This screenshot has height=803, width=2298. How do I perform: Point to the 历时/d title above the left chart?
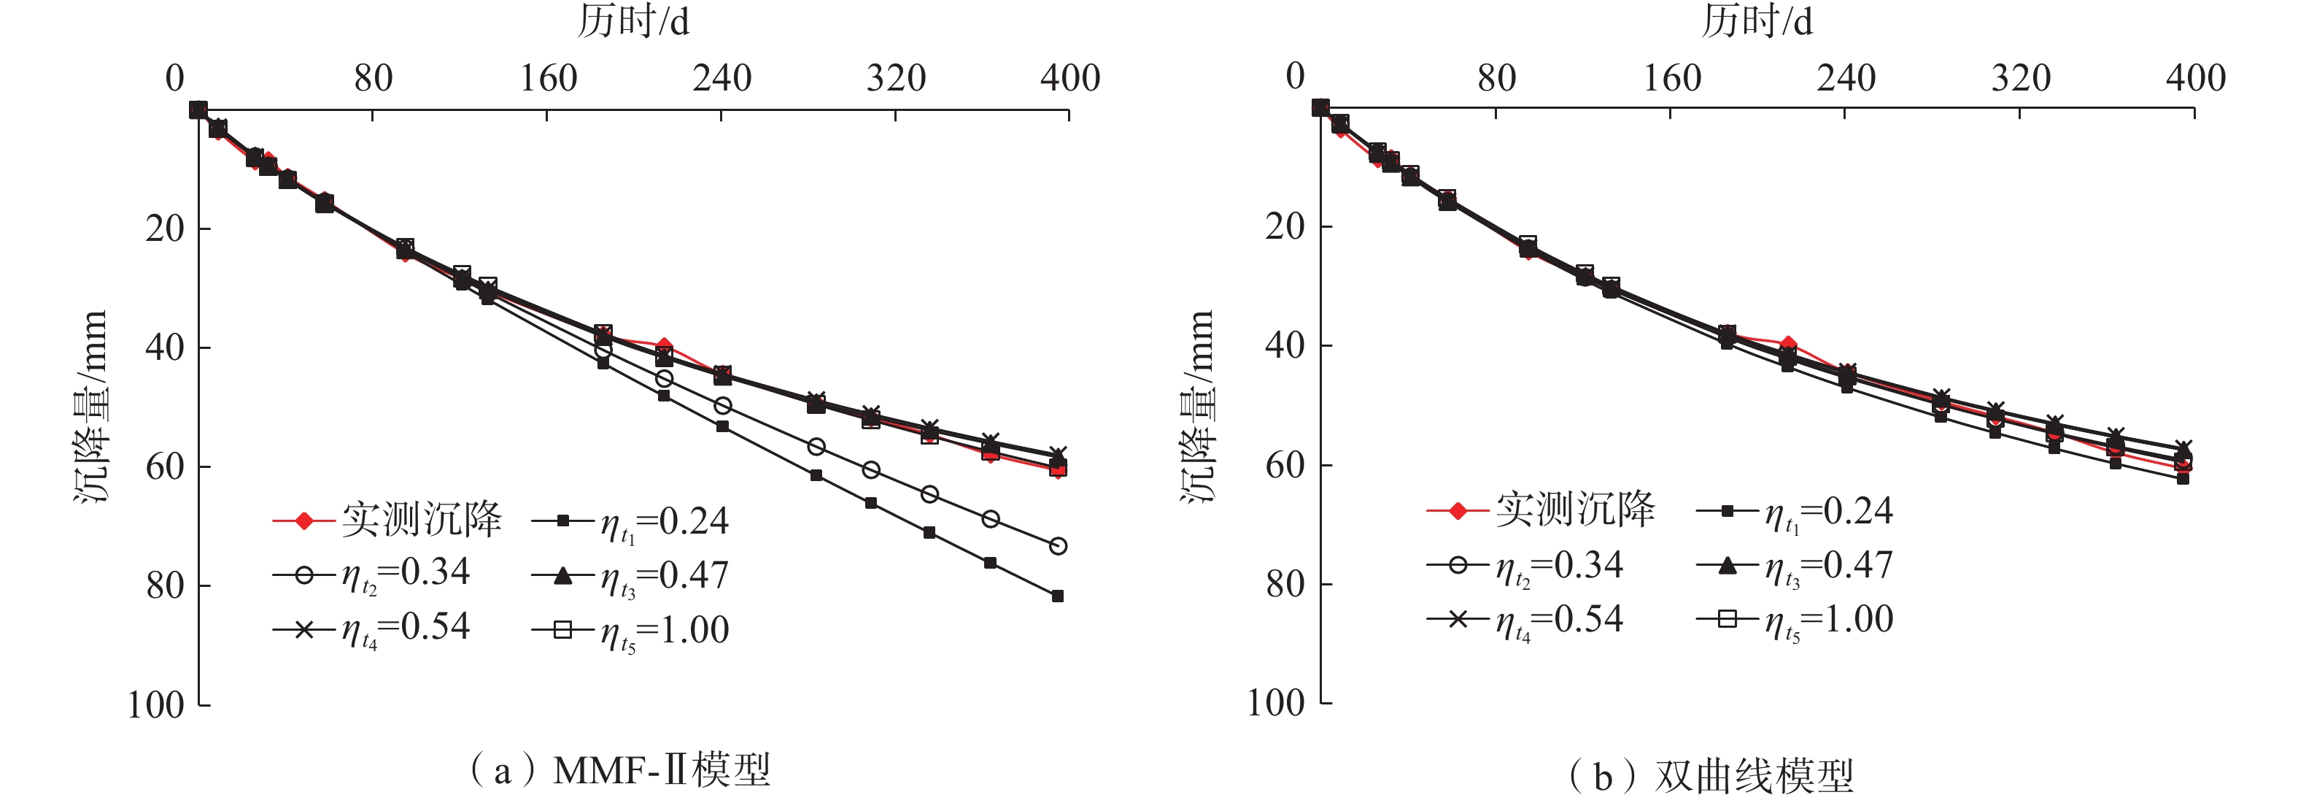[633, 21]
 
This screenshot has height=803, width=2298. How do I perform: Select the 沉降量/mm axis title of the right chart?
[1198, 406]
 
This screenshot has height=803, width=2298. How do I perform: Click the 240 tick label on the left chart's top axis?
[721, 79]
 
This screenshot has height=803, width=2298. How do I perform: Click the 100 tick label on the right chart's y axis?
[1276, 704]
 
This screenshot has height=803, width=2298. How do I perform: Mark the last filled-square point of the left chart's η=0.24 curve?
[1057, 596]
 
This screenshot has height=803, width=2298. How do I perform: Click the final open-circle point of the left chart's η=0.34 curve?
[1058, 546]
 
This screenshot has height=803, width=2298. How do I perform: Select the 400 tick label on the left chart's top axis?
[1069, 79]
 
